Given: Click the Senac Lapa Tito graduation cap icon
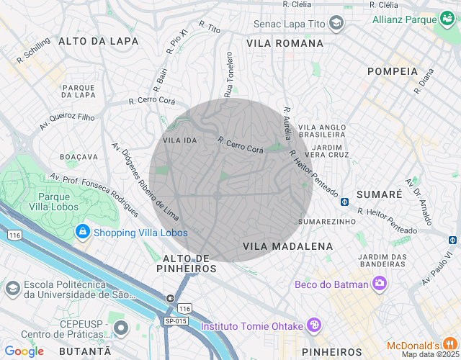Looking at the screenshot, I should tap(336, 24).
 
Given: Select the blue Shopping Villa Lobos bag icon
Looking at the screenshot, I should tap(83, 232).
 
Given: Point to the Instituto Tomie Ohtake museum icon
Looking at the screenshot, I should tap(314, 325).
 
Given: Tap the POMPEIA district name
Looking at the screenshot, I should tap(392, 71).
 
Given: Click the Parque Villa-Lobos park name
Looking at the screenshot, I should tap(53, 202).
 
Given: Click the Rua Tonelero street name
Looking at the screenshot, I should tap(229, 74).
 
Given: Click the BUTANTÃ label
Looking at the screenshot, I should tap(85, 351).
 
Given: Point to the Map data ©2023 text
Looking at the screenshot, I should tap(429, 354).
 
